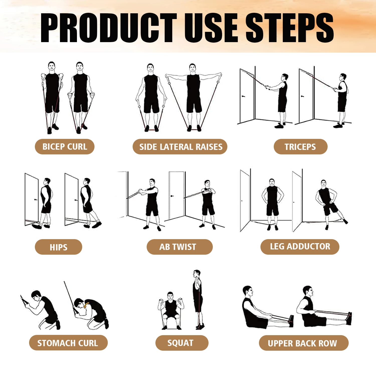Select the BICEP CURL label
coord(65,147)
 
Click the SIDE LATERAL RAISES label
coord(180,147)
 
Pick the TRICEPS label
coord(300,147)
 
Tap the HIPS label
coord(58,247)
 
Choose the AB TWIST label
coord(179,247)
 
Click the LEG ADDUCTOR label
coord(300,247)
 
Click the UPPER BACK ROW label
coord(303,343)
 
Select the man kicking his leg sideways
coord(327,203)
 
